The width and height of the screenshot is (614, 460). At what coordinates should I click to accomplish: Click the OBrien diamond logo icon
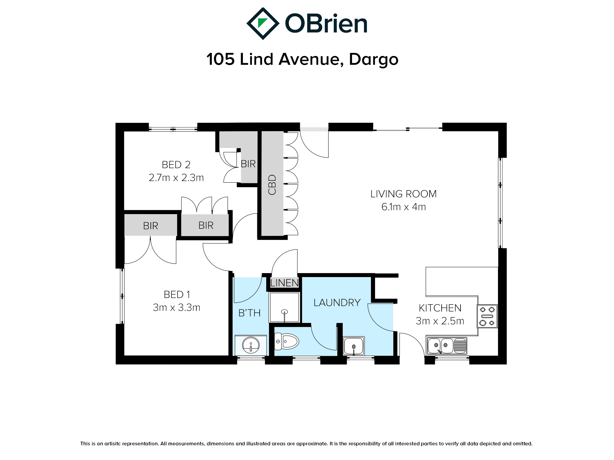click(263, 24)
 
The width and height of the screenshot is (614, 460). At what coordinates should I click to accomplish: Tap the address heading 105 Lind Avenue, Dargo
click(303, 59)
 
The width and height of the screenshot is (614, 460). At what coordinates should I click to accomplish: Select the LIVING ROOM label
click(404, 194)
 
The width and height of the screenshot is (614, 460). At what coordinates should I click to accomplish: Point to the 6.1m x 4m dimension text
click(404, 207)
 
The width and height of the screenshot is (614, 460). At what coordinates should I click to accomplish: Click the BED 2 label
click(176, 165)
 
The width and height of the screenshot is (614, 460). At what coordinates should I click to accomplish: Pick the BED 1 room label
click(177, 295)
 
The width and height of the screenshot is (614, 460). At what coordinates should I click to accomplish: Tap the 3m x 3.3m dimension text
click(177, 308)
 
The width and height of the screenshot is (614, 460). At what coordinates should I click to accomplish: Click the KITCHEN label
click(440, 308)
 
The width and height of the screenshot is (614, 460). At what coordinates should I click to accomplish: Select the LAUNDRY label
click(337, 303)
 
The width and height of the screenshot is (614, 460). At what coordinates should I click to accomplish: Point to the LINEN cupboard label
click(285, 283)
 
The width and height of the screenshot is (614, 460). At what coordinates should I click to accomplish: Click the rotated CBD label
click(272, 185)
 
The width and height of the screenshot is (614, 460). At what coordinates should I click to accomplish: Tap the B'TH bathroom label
click(249, 313)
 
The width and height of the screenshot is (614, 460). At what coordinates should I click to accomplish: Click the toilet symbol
click(287, 341)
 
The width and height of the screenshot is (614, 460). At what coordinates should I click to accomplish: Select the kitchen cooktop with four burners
click(487, 316)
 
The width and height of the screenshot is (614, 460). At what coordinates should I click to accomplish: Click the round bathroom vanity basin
click(251, 345)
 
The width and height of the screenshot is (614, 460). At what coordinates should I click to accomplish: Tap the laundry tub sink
click(354, 346)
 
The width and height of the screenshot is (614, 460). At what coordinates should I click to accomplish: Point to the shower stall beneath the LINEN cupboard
click(285, 308)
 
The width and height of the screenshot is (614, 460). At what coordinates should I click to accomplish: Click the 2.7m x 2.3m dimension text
click(176, 178)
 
